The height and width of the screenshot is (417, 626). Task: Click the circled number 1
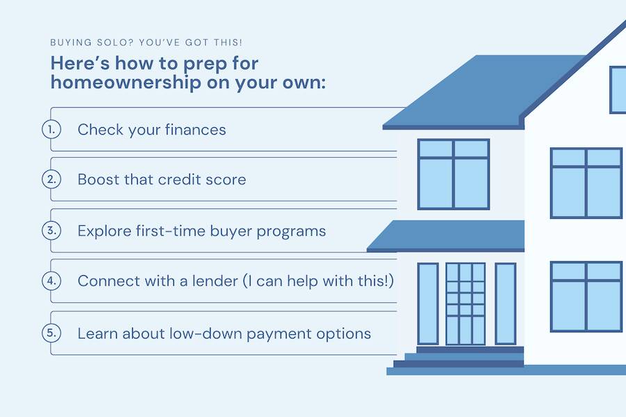pos(51,129)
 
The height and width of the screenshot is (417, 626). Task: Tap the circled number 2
pos(51,179)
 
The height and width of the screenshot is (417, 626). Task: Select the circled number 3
pos(51,230)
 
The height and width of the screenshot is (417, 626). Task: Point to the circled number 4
pos(51,281)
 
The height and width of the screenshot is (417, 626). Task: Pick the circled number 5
pos(51,333)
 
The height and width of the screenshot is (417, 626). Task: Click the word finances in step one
pos(195,130)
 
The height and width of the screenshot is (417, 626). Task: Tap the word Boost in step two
pos(98,179)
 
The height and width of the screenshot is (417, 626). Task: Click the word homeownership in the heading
pos(126,83)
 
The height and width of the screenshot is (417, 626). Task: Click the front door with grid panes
pos(465,304)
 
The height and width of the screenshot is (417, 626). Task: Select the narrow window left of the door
pos(428,304)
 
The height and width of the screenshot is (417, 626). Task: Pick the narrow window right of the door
pos(506,304)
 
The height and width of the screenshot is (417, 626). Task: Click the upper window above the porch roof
pos(454,174)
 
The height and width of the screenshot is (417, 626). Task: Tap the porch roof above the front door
pos(446,236)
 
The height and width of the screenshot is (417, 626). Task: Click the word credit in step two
pos(179,179)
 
